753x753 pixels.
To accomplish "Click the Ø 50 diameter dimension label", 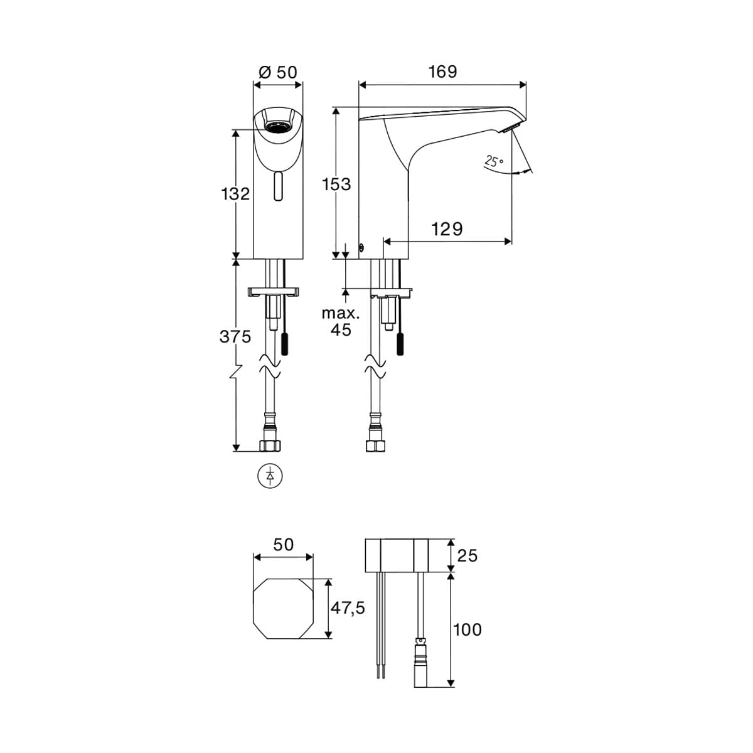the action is pyautogui.click(x=278, y=72).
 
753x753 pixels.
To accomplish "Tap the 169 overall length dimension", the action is pyautogui.click(x=442, y=72).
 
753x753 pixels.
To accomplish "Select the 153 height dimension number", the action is pyautogui.click(x=336, y=184).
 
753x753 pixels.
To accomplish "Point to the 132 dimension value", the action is pyautogui.click(x=235, y=193).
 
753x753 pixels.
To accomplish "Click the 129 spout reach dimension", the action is pyautogui.click(x=447, y=229).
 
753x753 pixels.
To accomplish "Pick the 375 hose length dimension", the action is pyautogui.click(x=235, y=336).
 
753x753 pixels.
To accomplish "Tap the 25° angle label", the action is pyautogui.click(x=494, y=161).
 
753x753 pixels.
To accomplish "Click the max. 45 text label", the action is pyautogui.click(x=340, y=322).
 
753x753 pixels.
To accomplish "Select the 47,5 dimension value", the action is pyautogui.click(x=348, y=607).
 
